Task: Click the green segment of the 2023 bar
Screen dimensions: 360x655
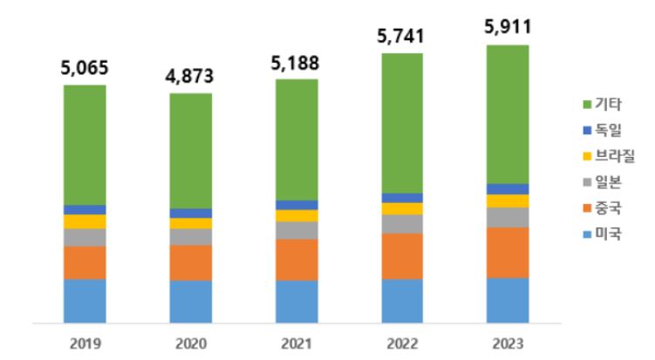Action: (x=508, y=113)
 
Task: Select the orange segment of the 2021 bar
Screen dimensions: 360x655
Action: (x=297, y=260)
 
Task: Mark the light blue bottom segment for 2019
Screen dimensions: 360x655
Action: (x=85, y=301)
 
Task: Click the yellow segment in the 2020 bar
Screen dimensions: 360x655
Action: (x=191, y=223)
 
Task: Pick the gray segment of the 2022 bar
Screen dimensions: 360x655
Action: (x=402, y=224)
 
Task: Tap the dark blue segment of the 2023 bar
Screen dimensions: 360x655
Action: (x=508, y=189)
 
